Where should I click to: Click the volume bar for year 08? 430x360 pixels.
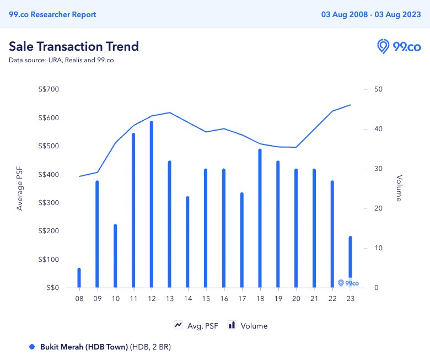(x=79, y=278)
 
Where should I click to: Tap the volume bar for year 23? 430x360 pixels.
(x=350, y=262)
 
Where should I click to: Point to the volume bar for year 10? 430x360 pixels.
(x=115, y=256)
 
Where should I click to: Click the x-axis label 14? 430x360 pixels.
(x=187, y=298)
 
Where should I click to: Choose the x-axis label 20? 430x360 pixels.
(x=296, y=298)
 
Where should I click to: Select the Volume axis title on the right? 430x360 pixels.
(x=399, y=189)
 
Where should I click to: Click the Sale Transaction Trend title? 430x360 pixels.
(x=74, y=46)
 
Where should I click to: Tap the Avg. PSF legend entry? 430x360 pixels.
(x=196, y=326)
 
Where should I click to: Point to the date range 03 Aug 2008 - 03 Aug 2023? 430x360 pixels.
(x=371, y=14)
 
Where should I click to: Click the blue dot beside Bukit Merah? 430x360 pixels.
(x=32, y=347)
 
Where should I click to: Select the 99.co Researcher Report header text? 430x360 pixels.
(x=52, y=14)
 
